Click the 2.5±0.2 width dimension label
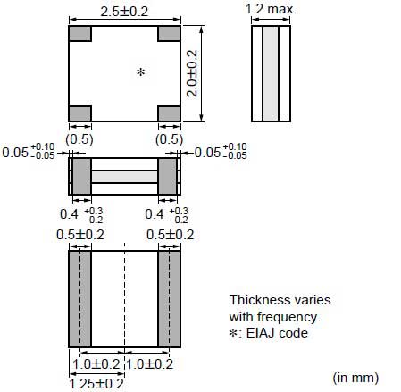(124, 12)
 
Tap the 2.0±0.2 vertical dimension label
(192, 73)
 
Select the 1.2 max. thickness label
(271, 9)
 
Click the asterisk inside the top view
(140, 72)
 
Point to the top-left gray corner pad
(79, 33)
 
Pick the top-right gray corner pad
(169, 33)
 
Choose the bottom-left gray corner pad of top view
(79, 113)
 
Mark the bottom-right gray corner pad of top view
(169, 113)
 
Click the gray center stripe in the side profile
(271, 73)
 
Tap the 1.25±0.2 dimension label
(96, 384)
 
